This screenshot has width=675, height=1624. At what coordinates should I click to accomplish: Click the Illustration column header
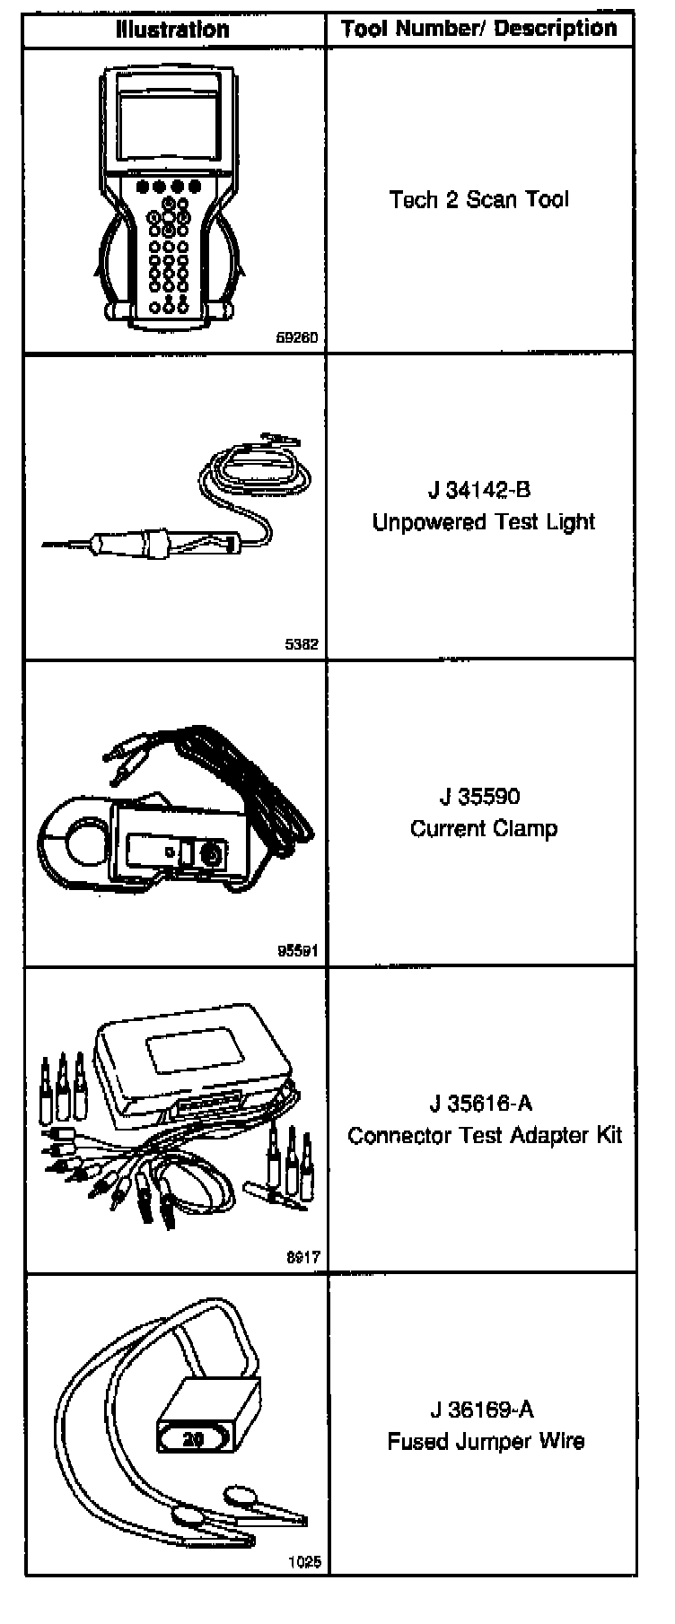[x=172, y=30]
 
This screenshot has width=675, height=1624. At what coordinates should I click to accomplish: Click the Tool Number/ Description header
[x=479, y=30]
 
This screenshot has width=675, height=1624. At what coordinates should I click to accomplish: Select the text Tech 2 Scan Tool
[x=479, y=199]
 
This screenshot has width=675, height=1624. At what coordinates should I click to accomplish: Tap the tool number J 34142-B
[x=479, y=490]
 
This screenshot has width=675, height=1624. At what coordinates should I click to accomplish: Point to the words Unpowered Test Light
[x=484, y=522]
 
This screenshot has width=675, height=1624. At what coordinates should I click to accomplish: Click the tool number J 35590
[x=479, y=797]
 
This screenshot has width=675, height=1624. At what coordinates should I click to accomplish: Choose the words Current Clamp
[x=484, y=828]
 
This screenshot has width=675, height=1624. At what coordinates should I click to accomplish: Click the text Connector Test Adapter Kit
[x=485, y=1135]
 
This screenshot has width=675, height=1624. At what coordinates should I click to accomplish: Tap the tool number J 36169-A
[x=481, y=1410]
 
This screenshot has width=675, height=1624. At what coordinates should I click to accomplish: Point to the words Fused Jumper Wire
[x=486, y=1442]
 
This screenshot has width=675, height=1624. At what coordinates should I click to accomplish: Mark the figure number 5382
[x=302, y=644]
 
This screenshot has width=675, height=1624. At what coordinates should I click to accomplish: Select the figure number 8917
[x=302, y=1258]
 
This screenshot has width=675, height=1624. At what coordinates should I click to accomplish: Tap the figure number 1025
[x=304, y=1563]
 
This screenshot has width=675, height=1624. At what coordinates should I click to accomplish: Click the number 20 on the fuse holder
[x=193, y=1439]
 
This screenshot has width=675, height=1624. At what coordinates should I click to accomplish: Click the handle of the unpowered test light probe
[x=135, y=543]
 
